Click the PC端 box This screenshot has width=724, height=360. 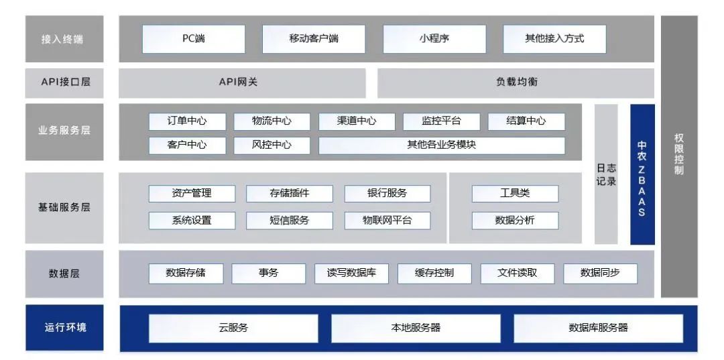point(194,39)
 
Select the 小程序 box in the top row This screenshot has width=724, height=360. point(434,39)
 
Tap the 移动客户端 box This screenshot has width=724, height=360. point(314,39)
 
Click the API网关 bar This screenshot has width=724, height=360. point(242,82)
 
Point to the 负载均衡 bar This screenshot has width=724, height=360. point(516,82)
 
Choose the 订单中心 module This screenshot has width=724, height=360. point(187,121)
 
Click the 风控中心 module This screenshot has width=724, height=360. point(271,145)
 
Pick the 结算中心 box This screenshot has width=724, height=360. point(526,121)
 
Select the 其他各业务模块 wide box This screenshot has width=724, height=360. point(441,145)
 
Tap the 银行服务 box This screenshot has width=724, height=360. point(387,194)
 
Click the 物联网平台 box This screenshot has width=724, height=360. point(387,220)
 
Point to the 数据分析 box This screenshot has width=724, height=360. point(515,220)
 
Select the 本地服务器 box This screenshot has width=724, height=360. point(416,328)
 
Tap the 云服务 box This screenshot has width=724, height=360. point(233,328)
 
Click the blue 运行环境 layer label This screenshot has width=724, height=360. point(65,328)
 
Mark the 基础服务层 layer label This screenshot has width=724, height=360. point(65,207)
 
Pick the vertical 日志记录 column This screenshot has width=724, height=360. point(606,174)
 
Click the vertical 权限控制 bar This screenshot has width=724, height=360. point(678,156)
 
